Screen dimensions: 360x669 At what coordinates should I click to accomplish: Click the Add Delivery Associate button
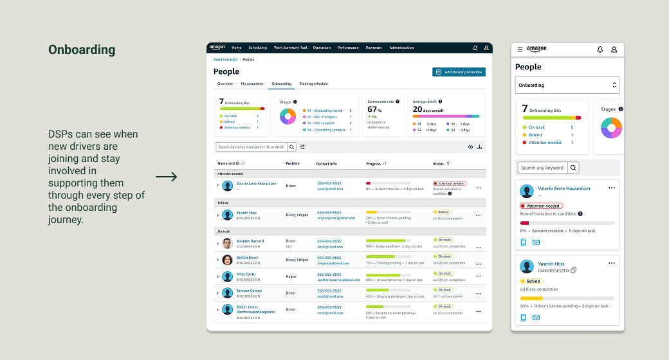coord(459,72)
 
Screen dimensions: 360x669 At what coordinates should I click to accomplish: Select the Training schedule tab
coord(313,84)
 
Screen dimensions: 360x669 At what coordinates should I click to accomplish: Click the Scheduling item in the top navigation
coord(257,48)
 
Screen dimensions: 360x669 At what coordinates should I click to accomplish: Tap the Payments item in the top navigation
coord(374,48)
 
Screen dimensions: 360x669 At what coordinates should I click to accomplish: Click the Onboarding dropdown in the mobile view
coord(567,85)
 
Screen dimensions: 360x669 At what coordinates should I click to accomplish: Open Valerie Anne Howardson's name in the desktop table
coord(256,183)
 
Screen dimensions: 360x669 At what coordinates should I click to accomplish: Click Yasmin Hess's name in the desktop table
coord(246,212)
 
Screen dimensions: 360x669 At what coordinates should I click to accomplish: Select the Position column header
coord(293,163)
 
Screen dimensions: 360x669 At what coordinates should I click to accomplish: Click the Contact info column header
coord(326,163)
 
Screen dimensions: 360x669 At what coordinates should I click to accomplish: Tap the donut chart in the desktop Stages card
coord(288,116)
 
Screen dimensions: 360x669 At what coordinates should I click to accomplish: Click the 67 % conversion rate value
coord(374,109)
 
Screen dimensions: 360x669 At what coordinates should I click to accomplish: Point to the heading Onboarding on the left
coord(82,50)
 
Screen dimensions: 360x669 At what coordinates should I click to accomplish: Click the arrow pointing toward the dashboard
coord(166,177)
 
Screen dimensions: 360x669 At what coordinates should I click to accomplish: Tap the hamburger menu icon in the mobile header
coord(520,50)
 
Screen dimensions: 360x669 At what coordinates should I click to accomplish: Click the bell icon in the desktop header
coord(475,48)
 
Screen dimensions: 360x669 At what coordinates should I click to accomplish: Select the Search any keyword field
coord(542,168)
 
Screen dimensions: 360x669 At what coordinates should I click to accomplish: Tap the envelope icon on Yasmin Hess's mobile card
coord(536,318)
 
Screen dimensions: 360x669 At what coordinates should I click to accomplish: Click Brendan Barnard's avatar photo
coord(227,244)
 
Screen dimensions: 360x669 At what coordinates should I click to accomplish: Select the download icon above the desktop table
coord(479,147)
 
